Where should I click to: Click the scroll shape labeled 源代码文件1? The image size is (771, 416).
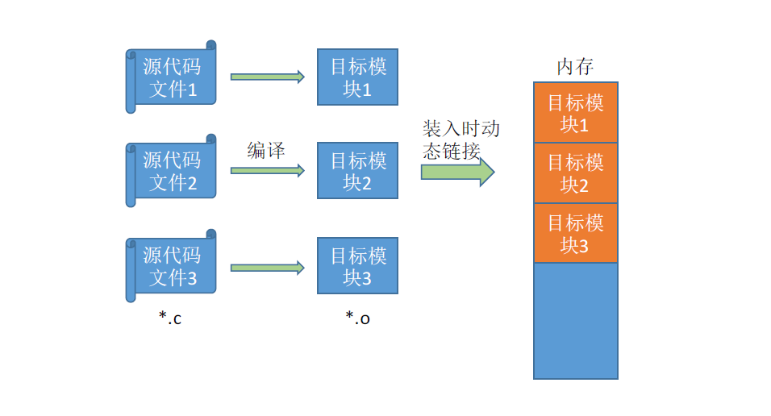(x=171, y=77)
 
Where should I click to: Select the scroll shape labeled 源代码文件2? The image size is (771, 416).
(x=171, y=171)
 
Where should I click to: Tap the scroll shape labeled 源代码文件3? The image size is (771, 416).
(x=171, y=266)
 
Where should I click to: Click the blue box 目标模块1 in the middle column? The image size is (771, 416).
(x=357, y=77)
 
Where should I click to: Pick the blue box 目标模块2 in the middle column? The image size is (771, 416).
(x=357, y=171)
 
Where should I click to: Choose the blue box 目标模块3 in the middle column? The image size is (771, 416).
(x=357, y=266)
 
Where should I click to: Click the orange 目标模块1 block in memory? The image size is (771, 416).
(x=575, y=113)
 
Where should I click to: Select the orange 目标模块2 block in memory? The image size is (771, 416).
(x=575, y=173)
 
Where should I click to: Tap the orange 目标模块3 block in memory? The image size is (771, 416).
(x=575, y=233)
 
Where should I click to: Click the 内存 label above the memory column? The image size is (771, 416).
(x=575, y=67)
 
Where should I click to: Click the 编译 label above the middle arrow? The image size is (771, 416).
(x=266, y=150)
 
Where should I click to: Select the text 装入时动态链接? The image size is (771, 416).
(x=461, y=139)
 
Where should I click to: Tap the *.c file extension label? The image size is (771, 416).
(x=170, y=318)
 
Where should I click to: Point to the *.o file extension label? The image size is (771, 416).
(x=357, y=318)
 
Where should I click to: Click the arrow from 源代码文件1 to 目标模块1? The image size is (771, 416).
(x=267, y=77)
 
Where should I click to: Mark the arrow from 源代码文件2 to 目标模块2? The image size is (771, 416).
(x=267, y=171)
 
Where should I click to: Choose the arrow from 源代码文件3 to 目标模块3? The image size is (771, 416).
(x=267, y=268)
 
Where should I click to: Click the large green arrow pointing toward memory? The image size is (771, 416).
(x=456, y=172)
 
